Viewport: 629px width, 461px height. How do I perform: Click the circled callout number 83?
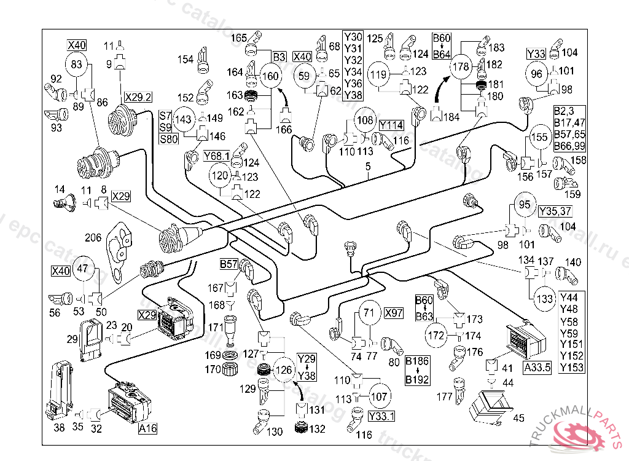pos(76,64)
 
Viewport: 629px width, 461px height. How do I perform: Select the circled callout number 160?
pos(270,77)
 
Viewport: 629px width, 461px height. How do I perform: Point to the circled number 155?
pos(540,137)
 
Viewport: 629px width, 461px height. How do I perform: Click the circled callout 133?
pos(545,299)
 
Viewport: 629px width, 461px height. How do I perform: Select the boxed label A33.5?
pos(537,368)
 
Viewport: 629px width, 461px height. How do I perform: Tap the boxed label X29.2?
pos(138,97)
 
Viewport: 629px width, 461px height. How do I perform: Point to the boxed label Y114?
pos(391,125)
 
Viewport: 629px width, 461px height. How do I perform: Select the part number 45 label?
pos(519,419)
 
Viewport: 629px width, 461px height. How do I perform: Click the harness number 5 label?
pos(368,166)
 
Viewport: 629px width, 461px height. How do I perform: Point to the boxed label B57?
pos(229,264)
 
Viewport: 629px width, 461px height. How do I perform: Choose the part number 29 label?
pos(72,339)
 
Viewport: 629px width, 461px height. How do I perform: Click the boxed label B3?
pos(279,57)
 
